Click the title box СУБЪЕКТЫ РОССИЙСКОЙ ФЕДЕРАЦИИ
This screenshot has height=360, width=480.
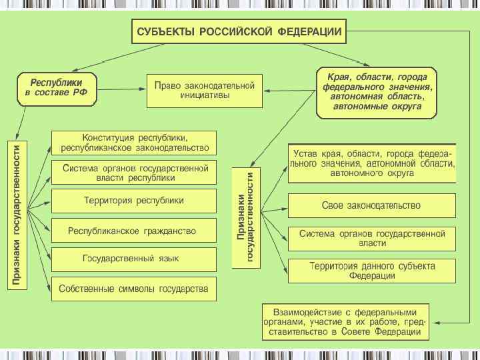239,31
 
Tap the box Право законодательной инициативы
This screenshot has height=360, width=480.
205,91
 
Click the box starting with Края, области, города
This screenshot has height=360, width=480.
377,92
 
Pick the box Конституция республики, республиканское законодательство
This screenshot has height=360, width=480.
135,142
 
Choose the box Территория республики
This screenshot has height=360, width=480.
135,201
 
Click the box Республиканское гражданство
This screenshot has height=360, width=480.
135,231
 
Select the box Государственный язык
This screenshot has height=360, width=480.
135,259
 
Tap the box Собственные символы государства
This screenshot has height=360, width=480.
135,289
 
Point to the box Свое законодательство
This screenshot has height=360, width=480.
371,205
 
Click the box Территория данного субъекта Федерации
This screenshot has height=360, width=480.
371,271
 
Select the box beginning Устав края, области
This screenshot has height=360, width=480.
371,163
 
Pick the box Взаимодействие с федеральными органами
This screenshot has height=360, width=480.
345,321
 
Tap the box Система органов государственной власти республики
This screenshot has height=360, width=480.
135,173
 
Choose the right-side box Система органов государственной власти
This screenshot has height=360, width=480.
371,239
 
